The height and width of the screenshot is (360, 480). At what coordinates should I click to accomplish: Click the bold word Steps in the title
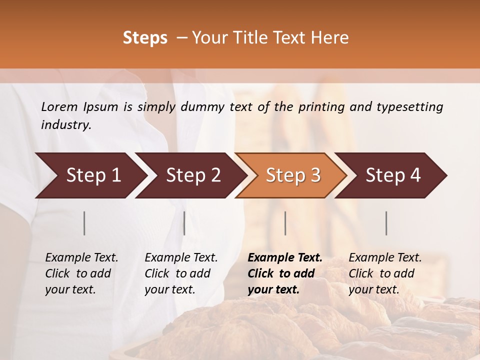(x=145, y=38)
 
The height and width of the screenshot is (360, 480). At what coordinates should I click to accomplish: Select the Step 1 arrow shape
(x=90, y=175)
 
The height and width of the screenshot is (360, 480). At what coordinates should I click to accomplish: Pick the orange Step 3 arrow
(x=293, y=175)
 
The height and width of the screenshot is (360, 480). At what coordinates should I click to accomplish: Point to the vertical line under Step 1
(x=84, y=223)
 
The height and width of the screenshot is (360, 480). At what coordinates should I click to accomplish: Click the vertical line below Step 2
(x=184, y=223)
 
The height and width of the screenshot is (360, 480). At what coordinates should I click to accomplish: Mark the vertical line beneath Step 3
(x=285, y=223)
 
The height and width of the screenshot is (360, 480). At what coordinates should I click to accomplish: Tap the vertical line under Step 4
(x=386, y=223)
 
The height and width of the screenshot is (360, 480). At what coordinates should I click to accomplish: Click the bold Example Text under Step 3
(x=285, y=258)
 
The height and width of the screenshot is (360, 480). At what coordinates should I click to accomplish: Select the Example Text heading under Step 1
(x=81, y=258)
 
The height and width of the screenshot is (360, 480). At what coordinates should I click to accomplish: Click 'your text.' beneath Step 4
(x=373, y=289)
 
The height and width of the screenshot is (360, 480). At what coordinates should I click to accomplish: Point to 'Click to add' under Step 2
(x=177, y=273)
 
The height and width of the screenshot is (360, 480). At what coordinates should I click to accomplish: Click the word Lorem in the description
(x=59, y=107)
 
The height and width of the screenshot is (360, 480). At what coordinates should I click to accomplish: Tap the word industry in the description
(x=66, y=124)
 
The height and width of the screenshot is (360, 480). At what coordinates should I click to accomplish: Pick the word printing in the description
(x=320, y=107)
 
